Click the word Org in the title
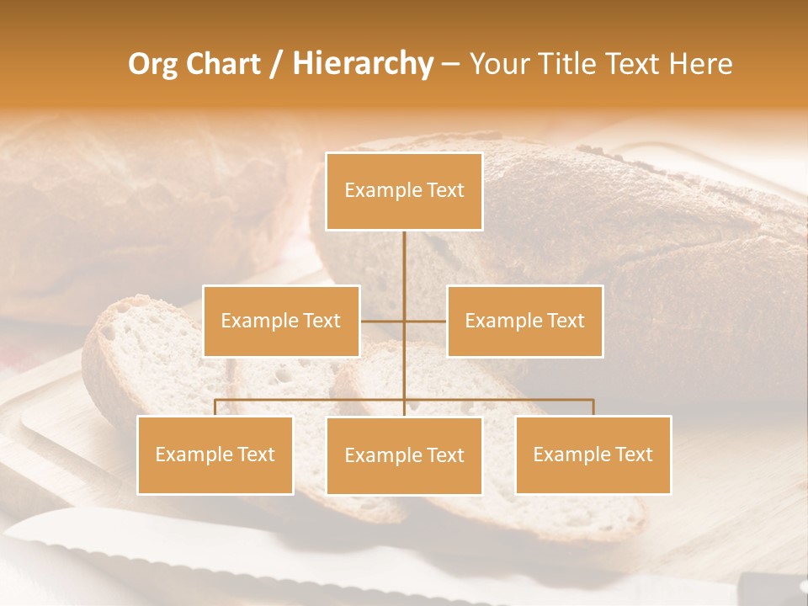tap(152, 64)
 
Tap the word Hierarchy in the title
tap(362, 64)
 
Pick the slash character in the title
tap(276, 65)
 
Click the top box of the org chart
tap(404, 191)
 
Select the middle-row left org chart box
tap(281, 321)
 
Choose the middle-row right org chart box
tap(525, 321)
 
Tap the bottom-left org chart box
tap(215, 454)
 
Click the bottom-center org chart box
tap(404, 455)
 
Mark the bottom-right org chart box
tap(593, 454)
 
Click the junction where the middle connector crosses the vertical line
tap(404, 321)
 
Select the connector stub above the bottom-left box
tap(215, 407)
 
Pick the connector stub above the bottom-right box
tap(593, 407)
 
